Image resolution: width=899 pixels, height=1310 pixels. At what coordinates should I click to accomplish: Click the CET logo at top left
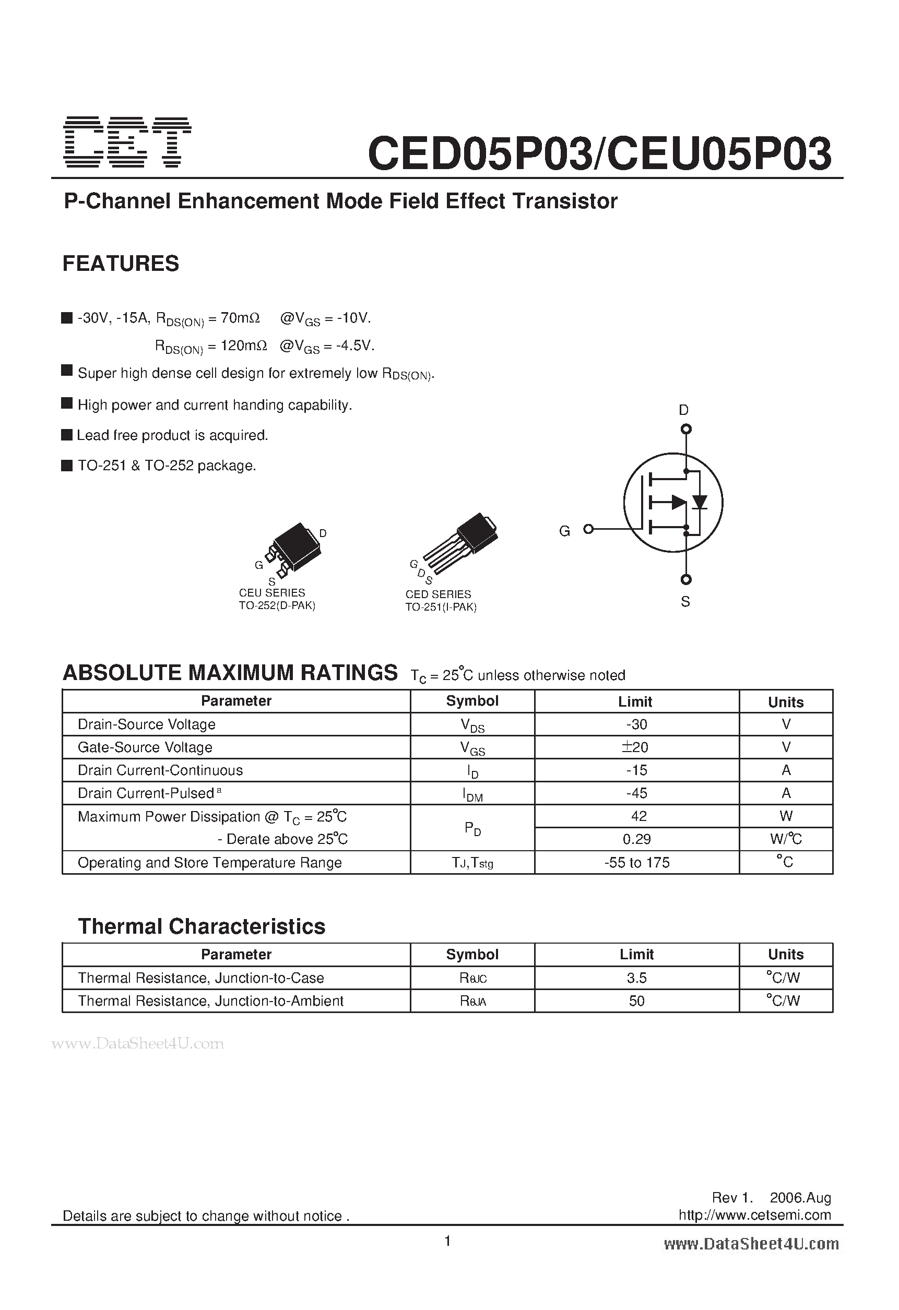(127, 142)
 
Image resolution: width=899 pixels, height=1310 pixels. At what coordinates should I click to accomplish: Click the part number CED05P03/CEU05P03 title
(599, 154)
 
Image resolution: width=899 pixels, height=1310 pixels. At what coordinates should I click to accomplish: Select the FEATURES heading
(121, 264)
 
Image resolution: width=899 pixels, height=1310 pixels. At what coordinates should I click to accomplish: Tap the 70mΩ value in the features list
(240, 318)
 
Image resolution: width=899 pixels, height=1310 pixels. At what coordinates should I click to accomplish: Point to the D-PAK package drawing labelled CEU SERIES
(293, 550)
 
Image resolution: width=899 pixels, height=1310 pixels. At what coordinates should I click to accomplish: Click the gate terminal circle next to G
(588, 529)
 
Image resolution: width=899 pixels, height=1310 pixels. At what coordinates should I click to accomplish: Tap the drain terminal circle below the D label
(686, 430)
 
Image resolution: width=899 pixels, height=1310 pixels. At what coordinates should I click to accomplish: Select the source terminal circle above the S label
(686, 579)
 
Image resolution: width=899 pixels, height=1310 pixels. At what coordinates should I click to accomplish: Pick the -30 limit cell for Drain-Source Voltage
(636, 724)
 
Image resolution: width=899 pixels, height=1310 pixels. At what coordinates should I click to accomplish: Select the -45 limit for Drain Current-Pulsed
(636, 793)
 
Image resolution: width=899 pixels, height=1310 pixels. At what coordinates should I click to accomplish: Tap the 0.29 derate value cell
(636, 839)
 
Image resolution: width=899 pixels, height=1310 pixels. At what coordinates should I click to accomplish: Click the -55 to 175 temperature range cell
(636, 862)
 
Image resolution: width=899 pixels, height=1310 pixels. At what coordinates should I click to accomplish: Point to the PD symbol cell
(472, 828)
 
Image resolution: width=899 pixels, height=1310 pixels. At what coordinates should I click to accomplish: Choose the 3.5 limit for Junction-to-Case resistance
(636, 978)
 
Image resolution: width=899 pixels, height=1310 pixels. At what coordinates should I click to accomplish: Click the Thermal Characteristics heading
(202, 927)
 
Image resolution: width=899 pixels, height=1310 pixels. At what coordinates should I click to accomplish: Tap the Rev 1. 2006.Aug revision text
(771, 1197)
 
